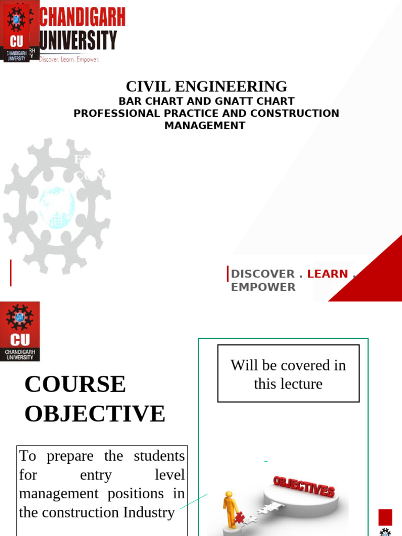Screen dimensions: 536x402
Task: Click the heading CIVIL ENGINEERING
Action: (x=206, y=86)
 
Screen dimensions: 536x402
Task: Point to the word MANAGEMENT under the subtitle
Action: (x=205, y=126)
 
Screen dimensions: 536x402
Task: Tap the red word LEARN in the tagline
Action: (x=327, y=274)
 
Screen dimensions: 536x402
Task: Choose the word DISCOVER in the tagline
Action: (x=263, y=274)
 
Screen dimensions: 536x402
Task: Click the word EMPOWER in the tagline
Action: (x=263, y=287)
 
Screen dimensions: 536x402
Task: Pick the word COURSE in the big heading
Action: (x=75, y=384)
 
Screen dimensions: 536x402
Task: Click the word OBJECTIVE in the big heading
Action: (x=95, y=414)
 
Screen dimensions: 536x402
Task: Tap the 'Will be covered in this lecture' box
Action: (x=288, y=374)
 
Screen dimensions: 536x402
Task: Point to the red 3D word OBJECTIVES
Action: (x=304, y=486)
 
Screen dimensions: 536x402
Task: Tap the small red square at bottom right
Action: (x=385, y=517)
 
